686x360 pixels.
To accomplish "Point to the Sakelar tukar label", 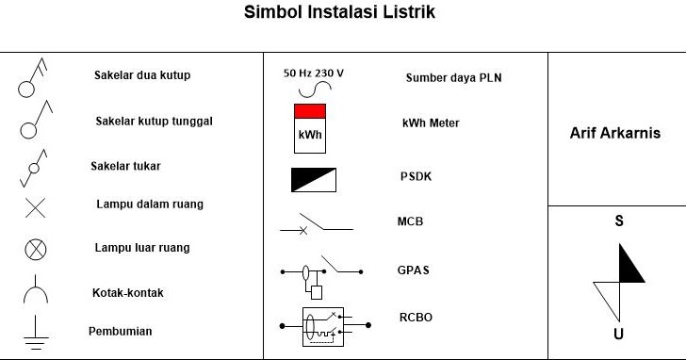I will point(125,166).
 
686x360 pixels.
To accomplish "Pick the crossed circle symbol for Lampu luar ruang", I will point(35,249).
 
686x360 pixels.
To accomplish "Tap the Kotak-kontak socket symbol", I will point(35,293).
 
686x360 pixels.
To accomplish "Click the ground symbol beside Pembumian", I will point(35,333).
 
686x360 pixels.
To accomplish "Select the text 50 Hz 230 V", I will point(314,73).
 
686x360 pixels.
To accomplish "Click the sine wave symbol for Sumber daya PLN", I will point(313,90).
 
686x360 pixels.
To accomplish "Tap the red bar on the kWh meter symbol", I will point(310,111).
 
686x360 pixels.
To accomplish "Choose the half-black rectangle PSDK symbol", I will point(313,179).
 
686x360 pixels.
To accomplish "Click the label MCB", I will point(410,222).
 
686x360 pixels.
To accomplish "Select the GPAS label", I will point(413,270).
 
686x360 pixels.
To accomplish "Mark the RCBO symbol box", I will point(323,326).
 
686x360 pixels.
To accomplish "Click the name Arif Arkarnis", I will point(615,133).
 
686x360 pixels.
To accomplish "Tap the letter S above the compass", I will point(619,222).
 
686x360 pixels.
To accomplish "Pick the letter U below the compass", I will point(618,334).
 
